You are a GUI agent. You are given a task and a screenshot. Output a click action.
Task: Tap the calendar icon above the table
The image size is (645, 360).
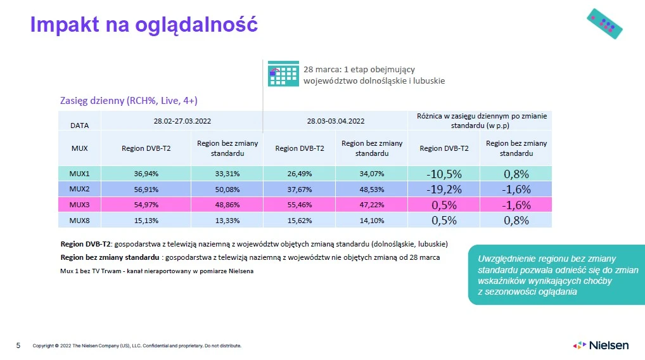283,74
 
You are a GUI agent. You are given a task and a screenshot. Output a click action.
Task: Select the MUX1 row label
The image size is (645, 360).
79,173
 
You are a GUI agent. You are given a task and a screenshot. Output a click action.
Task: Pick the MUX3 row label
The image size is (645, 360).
79,204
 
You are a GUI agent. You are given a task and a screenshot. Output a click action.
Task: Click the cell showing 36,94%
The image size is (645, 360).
146,173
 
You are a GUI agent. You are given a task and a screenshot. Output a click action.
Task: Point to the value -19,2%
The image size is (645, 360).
444,189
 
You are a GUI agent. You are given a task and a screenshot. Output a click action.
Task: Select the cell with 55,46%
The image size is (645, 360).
300,204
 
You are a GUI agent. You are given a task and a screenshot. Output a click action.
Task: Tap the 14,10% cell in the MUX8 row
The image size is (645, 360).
372,220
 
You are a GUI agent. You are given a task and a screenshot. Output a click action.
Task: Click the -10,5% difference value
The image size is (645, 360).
444,174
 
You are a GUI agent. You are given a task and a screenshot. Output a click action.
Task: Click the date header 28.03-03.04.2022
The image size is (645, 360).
335,120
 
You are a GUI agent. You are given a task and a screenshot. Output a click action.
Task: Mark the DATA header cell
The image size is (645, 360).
79,125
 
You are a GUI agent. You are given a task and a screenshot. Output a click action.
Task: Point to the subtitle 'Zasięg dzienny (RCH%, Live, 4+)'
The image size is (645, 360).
133,100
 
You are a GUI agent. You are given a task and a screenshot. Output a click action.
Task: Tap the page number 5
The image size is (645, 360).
18,345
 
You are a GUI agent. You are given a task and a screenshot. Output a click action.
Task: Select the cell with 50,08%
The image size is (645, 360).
227,189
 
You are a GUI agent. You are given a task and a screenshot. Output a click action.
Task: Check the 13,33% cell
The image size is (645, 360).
227,220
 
